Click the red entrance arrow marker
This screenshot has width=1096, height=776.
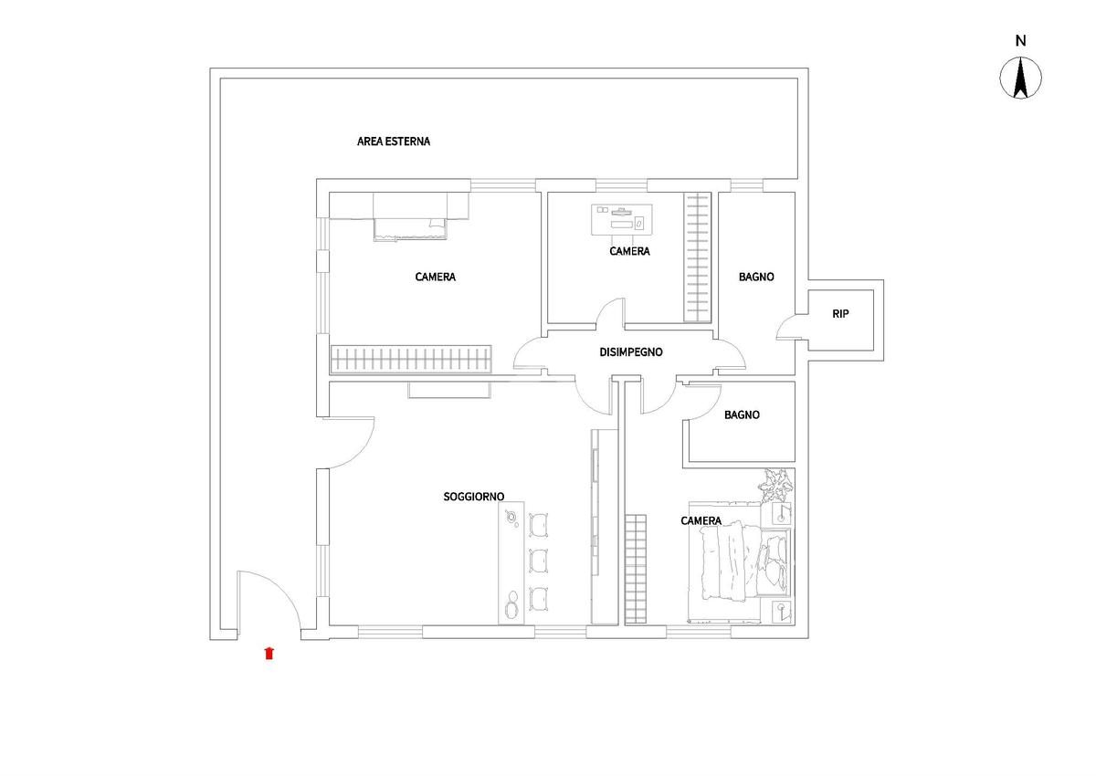pyautogui.click(x=269, y=654)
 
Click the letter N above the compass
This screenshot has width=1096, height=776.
pyautogui.click(x=1021, y=41)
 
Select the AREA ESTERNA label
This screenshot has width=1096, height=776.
pyautogui.click(x=394, y=142)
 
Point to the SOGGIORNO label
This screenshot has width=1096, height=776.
pyautogui.click(x=474, y=497)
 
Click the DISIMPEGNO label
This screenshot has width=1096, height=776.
pyautogui.click(x=631, y=352)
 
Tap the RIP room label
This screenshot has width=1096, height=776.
pyautogui.click(x=840, y=314)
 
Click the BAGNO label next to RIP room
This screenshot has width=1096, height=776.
pyautogui.click(x=756, y=277)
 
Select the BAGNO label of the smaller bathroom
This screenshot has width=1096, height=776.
pyautogui.click(x=742, y=415)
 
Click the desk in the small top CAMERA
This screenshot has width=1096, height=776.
pyautogui.click(x=621, y=219)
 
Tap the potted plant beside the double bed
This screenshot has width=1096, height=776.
pyautogui.click(x=775, y=485)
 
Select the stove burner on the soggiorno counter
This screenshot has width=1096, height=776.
pyautogui.click(x=512, y=518)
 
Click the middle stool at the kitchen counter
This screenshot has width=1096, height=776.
pyautogui.click(x=538, y=561)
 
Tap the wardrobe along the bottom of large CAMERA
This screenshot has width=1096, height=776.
pyautogui.click(x=411, y=359)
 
